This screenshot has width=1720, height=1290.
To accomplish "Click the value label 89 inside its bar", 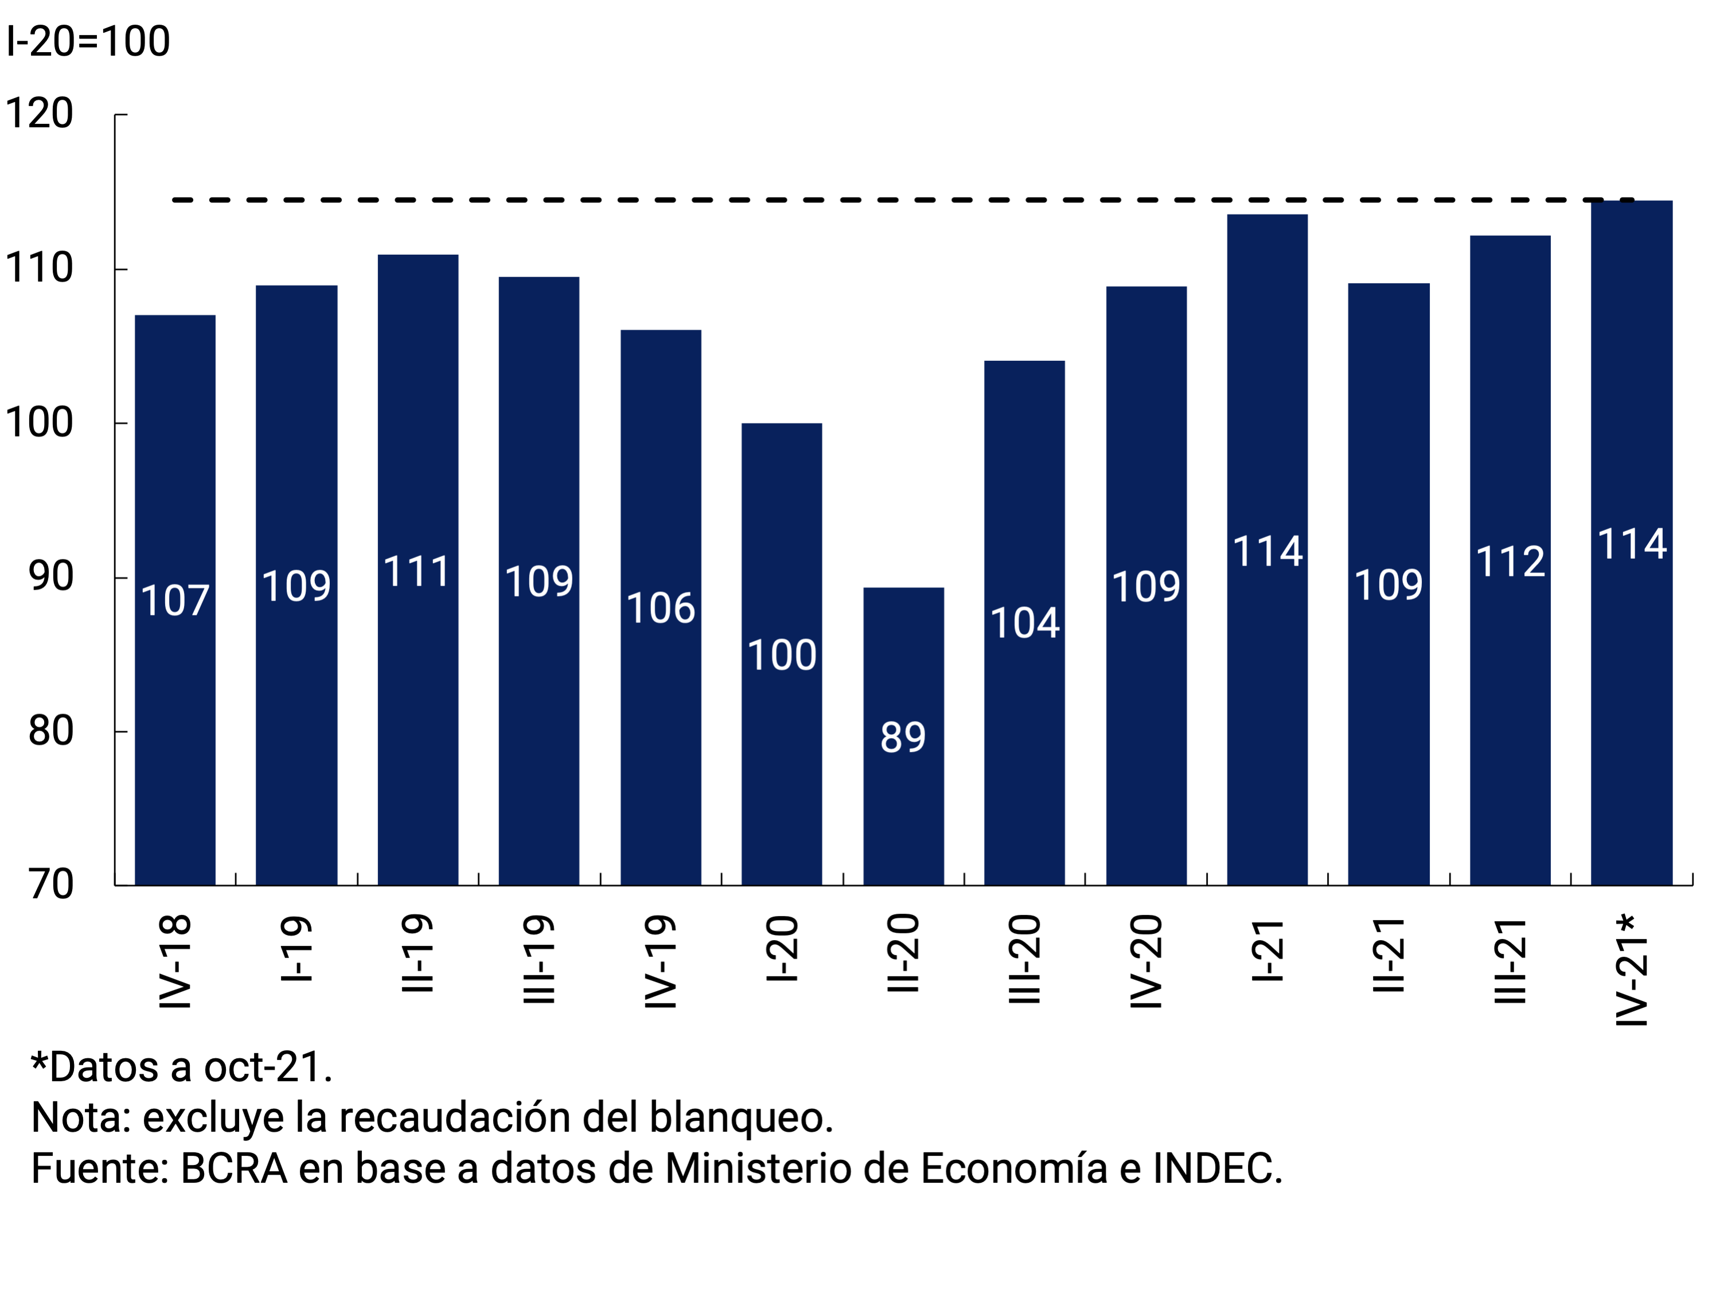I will click(x=903, y=737).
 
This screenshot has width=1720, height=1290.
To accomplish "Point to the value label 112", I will click(x=1510, y=562).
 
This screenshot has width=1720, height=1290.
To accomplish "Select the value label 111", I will click(x=418, y=572).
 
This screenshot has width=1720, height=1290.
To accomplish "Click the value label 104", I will click(x=1025, y=623).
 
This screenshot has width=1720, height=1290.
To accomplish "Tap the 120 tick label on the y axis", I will click(x=39, y=114).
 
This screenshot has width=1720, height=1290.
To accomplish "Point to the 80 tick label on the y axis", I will click(x=50, y=731).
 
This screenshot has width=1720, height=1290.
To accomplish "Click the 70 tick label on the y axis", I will click(x=50, y=884).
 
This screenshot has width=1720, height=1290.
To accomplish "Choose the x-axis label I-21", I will click(x=1267, y=950).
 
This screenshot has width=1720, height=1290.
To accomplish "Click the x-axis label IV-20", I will click(x=1146, y=962).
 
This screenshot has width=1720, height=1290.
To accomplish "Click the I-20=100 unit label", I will click(x=88, y=41).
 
